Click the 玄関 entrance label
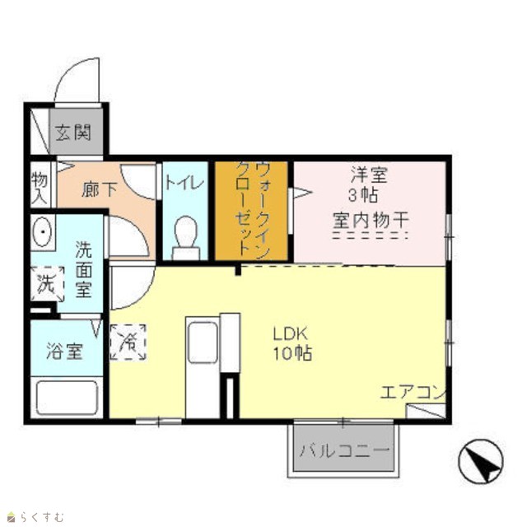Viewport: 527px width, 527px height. (73, 133)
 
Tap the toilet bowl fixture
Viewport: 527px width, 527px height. (186, 238)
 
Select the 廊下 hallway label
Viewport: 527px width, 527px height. (100, 189)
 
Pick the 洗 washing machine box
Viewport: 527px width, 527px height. (48, 284)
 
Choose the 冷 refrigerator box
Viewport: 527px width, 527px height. (128, 343)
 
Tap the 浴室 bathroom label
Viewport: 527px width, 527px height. (64, 351)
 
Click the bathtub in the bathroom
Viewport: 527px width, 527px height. (68, 398)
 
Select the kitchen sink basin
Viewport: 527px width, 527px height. (203, 343)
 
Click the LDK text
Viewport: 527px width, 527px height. (291, 334)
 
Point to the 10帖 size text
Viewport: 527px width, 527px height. (292, 353)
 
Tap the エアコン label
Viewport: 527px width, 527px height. (413, 392)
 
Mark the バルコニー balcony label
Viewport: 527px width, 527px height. (344, 450)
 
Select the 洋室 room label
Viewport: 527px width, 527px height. (369, 175)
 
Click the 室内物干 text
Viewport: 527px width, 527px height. (371, 220)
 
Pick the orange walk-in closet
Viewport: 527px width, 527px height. (251, 211)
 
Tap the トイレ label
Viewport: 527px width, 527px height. (184, 183)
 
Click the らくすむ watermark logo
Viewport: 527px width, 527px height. (35, 516)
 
